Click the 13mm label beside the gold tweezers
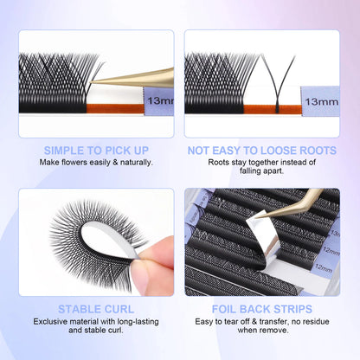coord(160,102)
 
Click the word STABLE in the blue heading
coord(75,307)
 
